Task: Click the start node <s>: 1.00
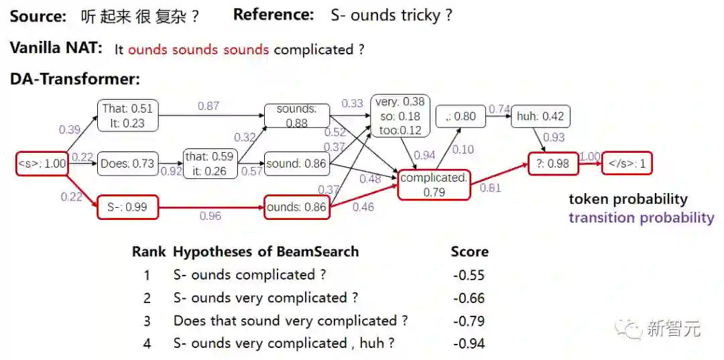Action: pyautogui.click(x=42, y=164)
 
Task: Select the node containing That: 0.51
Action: pyautogui.click(x=129, y=115)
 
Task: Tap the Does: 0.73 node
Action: pyautogui.click(x=127, y=164)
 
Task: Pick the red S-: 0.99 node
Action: pyautogui.click(x=127, y=207)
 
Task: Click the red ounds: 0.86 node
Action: pyautogui.click(x=296, y=207)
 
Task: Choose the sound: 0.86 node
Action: pyautogui.click(x=296, y=164)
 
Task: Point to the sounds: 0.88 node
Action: pyautogui.click(x=296, y=115)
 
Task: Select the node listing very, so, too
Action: pyautogui.click(x=400, y=116)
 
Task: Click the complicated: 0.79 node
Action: pyautogui.click(x=434, y=184)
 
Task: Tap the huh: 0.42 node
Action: pyautogui.click(x=540, y=117)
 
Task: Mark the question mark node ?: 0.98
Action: pyautogui.click(x=553, y=164)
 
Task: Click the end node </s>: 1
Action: pyautogui.click(x=627, y=164)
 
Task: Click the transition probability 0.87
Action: pyautogui.click(x=208, y=106)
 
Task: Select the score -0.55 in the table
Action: pyautogui.click(x=469, y=275)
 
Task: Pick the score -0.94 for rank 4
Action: pyautogui.click(x=469, y=343)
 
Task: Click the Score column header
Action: pyautogui.click(x=469, y=252)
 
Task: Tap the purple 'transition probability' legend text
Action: pyautogui.click(x=641, y=217)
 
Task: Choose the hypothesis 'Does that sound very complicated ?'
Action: pyautogui.click(x=290, y=320)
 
